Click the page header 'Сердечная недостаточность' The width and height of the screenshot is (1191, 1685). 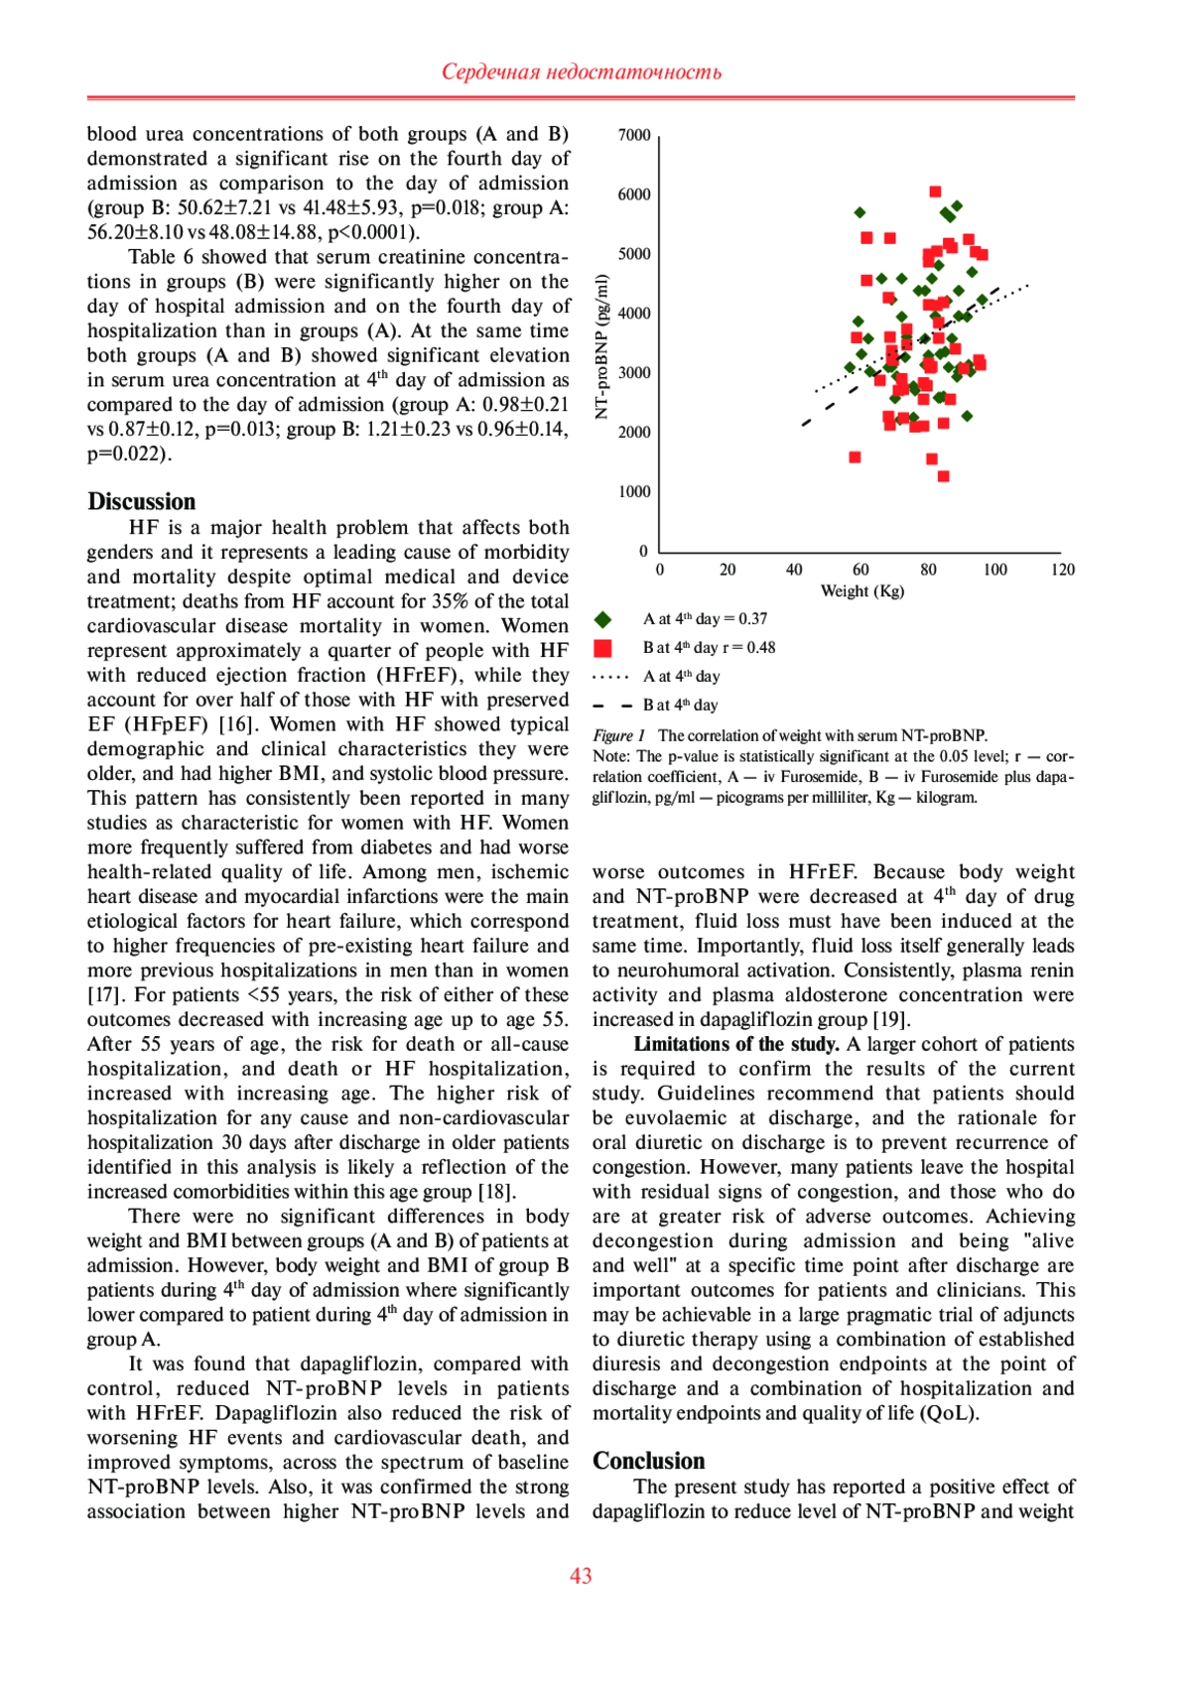(x=581, y=71)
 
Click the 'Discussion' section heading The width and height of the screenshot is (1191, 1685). (x=142, y=501)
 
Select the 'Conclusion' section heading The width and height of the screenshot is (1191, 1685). (x=648, y=1461)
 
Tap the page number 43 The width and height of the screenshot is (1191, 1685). (x=581, y=1576)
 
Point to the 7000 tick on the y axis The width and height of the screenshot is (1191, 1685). (x=634, y=135)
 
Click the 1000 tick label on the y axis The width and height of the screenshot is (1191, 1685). (x=634, y=492)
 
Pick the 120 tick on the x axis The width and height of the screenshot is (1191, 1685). (x=1062, y=570)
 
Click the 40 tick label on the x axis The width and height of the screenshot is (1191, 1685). (x=794, y=570)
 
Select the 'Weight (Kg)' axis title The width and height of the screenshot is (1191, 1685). (x=861, y=591)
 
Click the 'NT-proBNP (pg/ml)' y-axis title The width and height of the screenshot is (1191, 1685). (x=601, y=346)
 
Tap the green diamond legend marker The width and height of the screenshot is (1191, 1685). (x=602, y=619)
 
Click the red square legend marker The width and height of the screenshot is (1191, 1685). (x=602, y=648)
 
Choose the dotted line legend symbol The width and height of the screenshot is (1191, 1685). (x=610, y=677)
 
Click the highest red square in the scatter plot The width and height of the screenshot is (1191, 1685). (x=935, y=192)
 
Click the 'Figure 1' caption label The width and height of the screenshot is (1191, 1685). (x=619, y=735)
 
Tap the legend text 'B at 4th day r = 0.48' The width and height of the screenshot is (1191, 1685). (x=709, y=648)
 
